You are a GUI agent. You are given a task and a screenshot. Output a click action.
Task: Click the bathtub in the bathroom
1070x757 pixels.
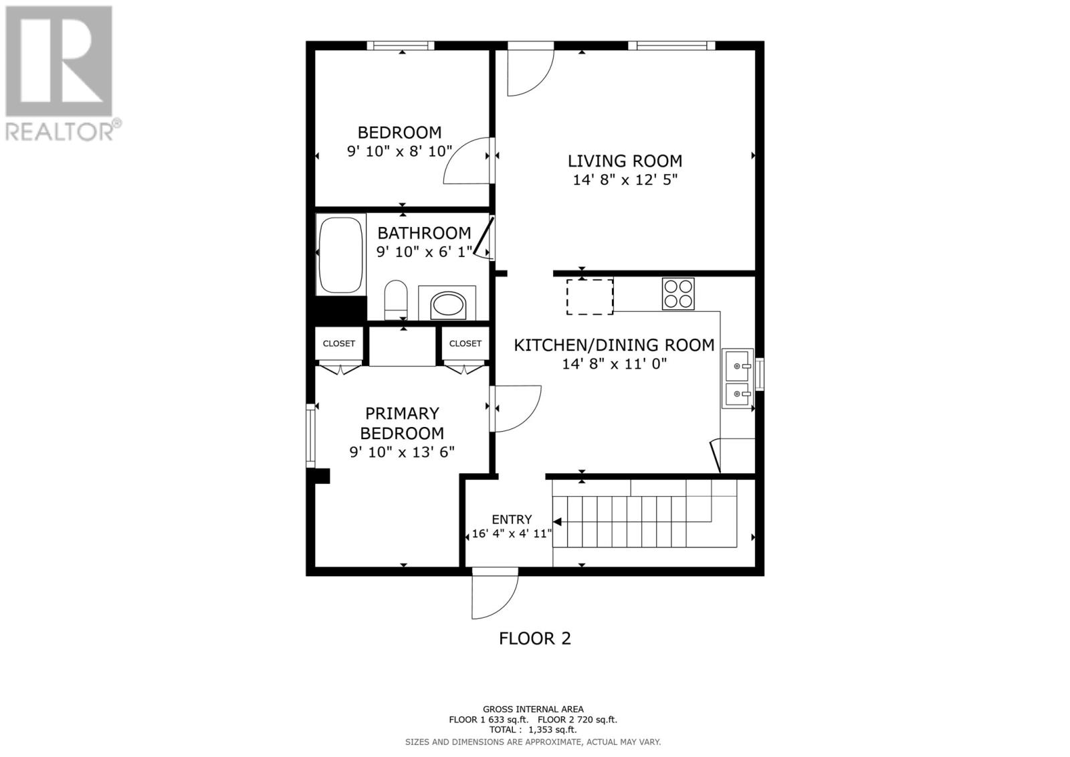tap(341, 254)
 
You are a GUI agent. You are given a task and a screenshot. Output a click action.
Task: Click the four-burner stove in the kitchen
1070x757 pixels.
tap(678, 294)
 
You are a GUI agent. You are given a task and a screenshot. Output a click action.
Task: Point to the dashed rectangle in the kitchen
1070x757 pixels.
tap(590, 297)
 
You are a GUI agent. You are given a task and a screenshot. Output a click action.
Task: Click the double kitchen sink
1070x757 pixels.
tap(738, 379)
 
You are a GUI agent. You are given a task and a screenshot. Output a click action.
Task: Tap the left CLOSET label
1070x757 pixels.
tap(339, 343)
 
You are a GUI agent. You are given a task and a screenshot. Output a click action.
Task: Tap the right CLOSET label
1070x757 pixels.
tap(465, 343)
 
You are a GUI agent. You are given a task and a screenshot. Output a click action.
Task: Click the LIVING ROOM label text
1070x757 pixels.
tap(625, 161)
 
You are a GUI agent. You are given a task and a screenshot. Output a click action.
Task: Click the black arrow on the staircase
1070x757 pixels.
tap(557, 521)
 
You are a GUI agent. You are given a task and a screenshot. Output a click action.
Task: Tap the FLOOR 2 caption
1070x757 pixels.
tap(535, 639)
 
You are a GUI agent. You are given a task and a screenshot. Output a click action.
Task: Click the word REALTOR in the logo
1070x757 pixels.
tap(60, 131)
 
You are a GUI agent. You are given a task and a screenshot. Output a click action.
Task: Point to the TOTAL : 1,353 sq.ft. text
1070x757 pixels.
tap(532, 730)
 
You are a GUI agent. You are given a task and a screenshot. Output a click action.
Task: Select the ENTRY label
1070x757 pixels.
tap(512, 519)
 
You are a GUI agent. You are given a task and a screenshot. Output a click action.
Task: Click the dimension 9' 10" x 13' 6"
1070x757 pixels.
tap(402, 452)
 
